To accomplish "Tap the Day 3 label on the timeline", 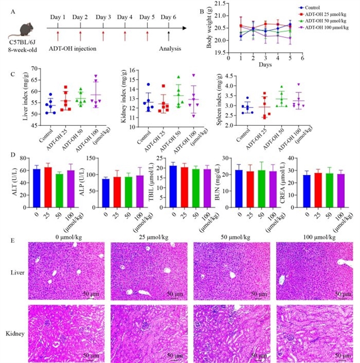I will point(103,17).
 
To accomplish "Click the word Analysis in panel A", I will point(170,48).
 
